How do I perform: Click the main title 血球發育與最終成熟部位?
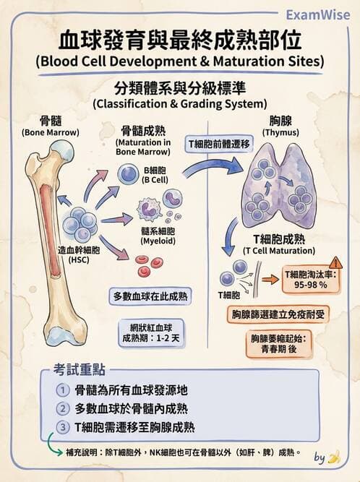pyautogui.click(x=180, y=38)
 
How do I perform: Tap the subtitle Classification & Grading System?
pyautogui.click(x=180, y=103)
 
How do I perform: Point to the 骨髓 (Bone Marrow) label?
pyautogui.click(x=49, y=126)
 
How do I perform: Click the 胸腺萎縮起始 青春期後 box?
pyautogui.click(x=278, y=343)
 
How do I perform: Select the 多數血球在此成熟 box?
pyautogui.click(x=150, y=296)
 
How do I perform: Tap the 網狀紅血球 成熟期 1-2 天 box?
pyautogui.click(x=150, y=330)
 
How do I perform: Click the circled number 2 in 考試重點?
pyautogui.click(x=62, y=408)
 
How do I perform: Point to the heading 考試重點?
pyautogui.click(x=80, y=369)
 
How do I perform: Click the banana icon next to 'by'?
pyautogui.click(x=333, y=457)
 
